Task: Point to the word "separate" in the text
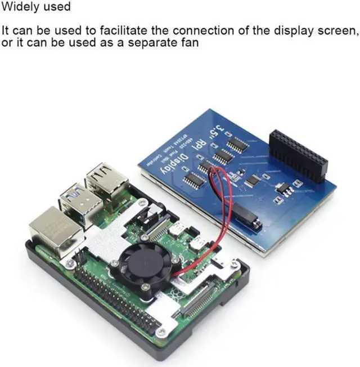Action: pyautogui.click(x=151, y=42)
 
